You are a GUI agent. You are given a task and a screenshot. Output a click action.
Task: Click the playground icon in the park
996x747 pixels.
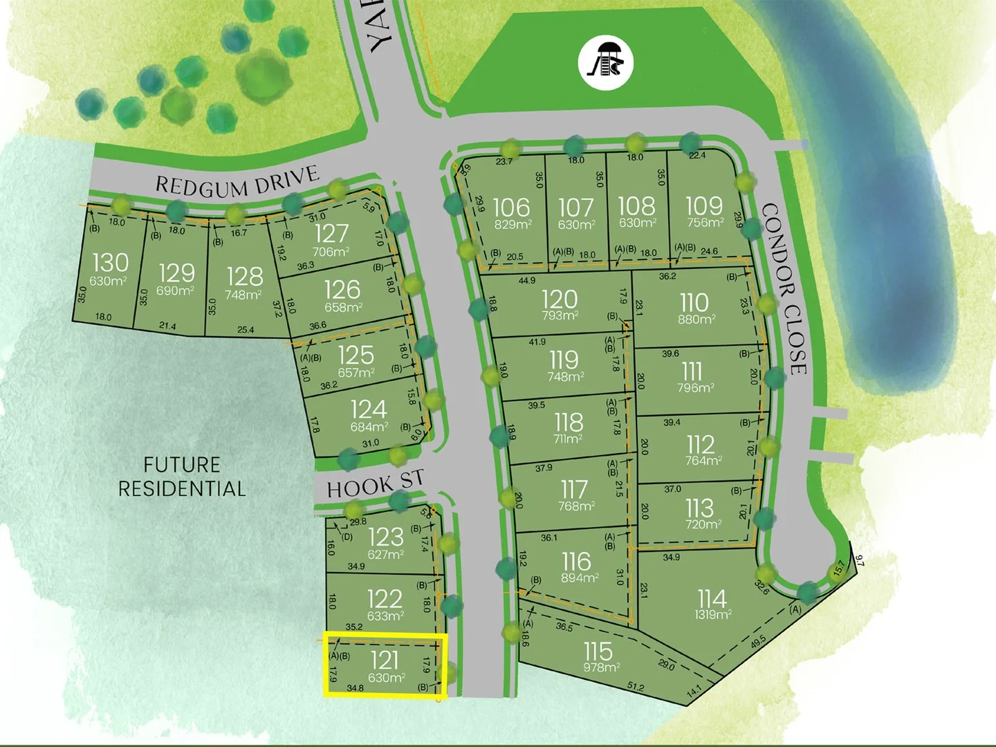click(x=606, y=64)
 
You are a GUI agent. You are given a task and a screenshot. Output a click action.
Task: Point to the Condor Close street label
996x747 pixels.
click(x=784, y=288)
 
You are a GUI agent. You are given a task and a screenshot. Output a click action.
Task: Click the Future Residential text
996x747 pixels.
click(x=182, y=477)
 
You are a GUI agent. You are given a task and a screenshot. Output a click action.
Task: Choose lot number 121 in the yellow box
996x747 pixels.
click(x=385, y=660)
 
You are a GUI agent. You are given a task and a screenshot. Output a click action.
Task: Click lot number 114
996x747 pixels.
click(x=712, y=598)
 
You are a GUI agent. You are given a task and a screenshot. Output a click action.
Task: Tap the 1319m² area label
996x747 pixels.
click(x=713, y=614)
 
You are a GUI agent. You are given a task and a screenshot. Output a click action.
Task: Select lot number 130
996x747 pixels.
click(x=110, y=262)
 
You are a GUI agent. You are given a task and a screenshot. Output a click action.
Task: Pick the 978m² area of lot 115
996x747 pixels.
click(x=601, y=667)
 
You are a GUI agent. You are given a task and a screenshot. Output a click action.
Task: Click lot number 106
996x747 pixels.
click(x=511, y=206)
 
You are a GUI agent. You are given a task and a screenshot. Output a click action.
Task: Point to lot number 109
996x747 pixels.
click(x=703, y=205)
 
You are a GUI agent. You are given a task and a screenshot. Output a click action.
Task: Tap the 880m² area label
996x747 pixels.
click(x=696, y=320)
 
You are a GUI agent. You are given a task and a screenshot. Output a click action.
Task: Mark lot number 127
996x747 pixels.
click(x=332, y=234)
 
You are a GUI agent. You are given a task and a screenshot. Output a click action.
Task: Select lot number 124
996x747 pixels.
click(x=368, y=409)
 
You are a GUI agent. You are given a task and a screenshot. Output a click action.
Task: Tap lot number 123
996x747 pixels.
click(x=385, y=536)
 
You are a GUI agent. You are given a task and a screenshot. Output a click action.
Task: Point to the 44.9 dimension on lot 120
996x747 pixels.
click(x=526, y=281)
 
